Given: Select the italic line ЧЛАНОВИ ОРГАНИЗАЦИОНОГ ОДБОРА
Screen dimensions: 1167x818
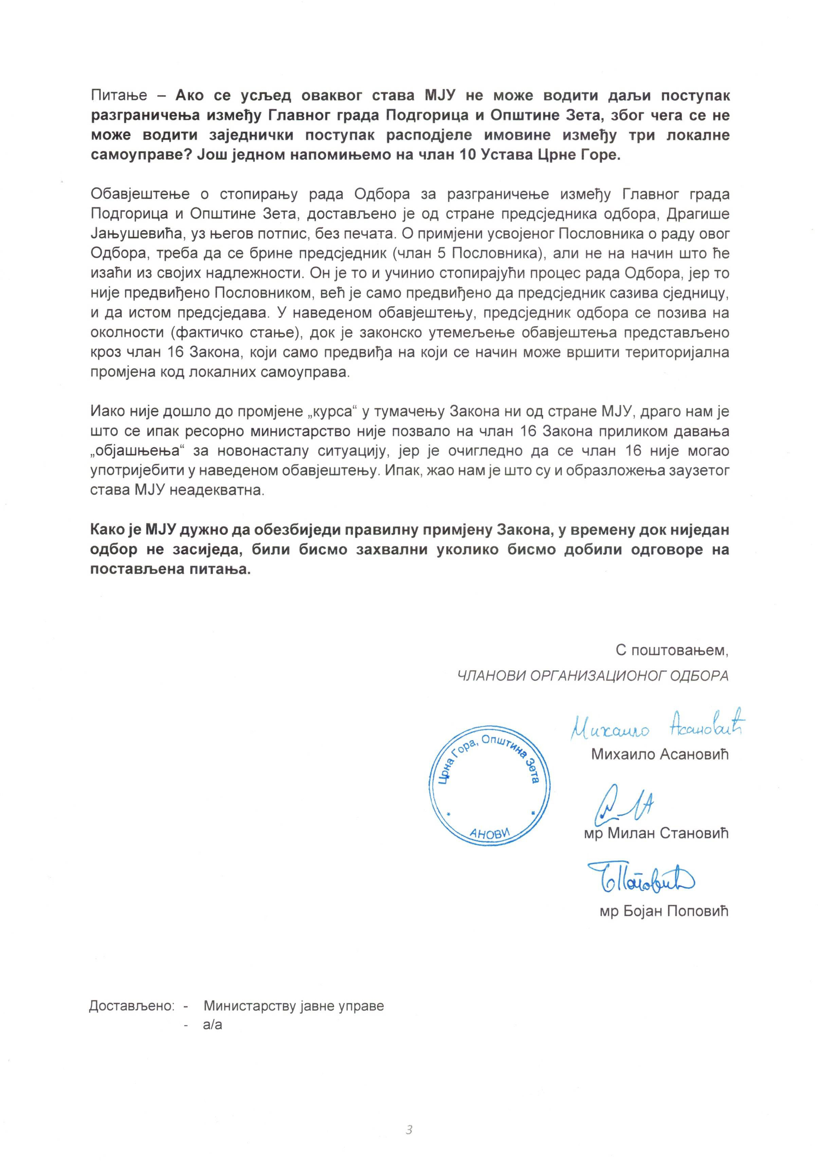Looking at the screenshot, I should click(x=593, y=675).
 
